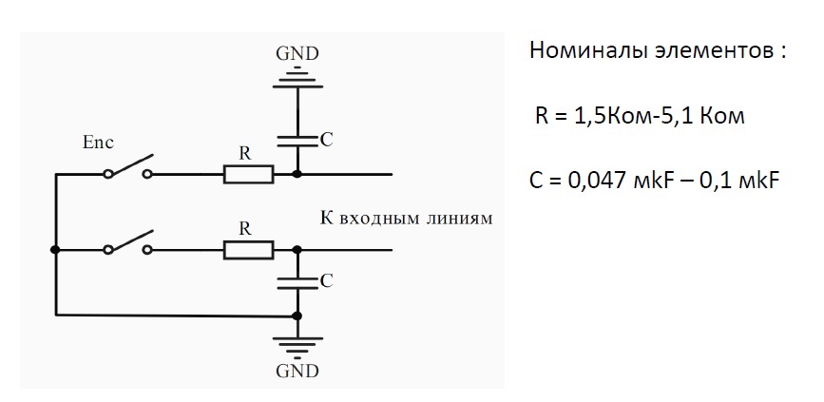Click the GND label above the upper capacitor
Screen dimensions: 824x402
297,53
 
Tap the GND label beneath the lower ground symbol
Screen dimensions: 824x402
297,371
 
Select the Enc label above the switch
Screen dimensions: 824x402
98,143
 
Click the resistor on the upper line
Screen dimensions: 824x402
249,174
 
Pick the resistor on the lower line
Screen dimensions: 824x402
249,250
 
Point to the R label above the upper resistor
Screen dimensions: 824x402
245,153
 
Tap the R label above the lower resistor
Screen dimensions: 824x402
245,229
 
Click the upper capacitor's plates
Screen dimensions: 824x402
297,140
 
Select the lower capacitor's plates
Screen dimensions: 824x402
297,282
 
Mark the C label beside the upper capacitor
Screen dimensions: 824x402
326,140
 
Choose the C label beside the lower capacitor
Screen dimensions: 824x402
326,281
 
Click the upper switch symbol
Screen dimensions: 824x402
128,167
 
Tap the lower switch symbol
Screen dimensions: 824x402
128,242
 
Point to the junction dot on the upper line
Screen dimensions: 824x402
297,174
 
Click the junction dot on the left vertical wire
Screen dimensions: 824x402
55,250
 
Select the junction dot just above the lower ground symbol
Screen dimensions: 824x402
297,316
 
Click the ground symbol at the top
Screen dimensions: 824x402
297,79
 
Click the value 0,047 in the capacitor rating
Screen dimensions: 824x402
597,182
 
